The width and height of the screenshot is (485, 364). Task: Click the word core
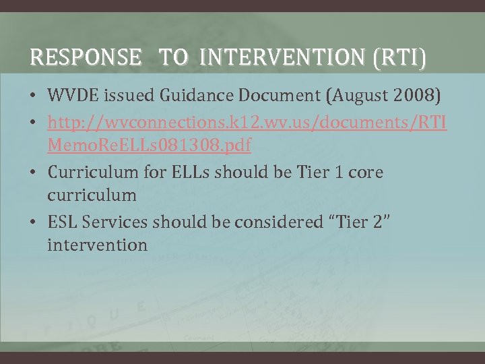point(365,173)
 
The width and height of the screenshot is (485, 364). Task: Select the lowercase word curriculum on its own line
point(92,196)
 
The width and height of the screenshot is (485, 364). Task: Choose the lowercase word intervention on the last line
point(97,245)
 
